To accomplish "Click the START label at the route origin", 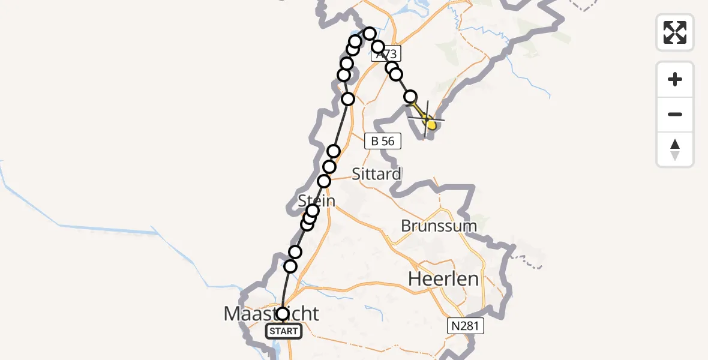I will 284,331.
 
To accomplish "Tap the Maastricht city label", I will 271,313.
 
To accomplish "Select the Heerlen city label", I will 443,278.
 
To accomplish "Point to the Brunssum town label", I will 439,226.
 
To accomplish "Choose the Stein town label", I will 316,199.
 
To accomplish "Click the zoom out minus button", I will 675,114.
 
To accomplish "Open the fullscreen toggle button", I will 675,32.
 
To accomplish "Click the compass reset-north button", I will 675,149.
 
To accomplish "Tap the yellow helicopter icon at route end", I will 429,122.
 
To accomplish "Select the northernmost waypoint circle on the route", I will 370,34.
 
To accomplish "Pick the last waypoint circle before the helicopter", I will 410,97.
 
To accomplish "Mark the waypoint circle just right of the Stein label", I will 313,211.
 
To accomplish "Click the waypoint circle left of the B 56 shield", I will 334,151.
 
